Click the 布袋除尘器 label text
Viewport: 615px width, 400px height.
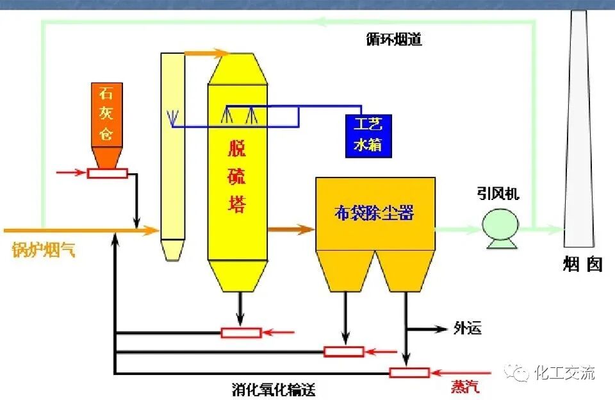374,213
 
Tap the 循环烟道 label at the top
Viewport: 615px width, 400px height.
389,40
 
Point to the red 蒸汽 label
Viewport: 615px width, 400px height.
465,387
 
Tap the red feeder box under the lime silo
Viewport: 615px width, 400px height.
108,172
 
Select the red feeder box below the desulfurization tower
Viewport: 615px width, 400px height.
241,332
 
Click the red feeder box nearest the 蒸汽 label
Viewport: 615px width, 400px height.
409,372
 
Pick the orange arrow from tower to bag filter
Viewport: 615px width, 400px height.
291,228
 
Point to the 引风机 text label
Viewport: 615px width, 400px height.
498,194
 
